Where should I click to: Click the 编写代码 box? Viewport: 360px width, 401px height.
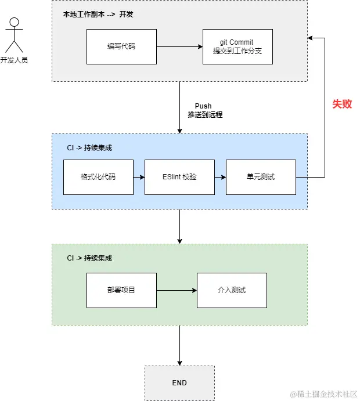[121, 46]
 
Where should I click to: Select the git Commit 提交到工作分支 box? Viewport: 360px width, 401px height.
[237, 46]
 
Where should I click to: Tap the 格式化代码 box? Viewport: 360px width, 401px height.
[98, 176]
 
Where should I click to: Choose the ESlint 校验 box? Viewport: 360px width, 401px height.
[179, 176]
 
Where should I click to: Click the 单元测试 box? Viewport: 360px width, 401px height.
[261, 176]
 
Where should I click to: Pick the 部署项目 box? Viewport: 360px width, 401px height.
[121, 290]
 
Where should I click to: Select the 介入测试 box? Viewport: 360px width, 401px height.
[232, 290]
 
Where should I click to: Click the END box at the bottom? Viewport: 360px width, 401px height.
[179, 383]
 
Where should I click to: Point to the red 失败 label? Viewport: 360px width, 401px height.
[342, 104]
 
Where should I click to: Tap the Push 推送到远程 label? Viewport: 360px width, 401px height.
[204, 110]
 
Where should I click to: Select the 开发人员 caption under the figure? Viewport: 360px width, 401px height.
[15, 60]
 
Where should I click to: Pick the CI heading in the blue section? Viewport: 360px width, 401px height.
[89, 148]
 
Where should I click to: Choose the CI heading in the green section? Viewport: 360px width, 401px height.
[89, 258]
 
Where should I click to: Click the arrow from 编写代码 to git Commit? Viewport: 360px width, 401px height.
[179, 46]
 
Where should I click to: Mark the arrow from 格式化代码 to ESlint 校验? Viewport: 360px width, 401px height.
[139, 176]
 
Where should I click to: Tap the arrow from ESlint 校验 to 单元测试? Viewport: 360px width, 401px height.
[220, 176]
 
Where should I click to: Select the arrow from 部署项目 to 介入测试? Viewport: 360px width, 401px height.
[177, 290]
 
